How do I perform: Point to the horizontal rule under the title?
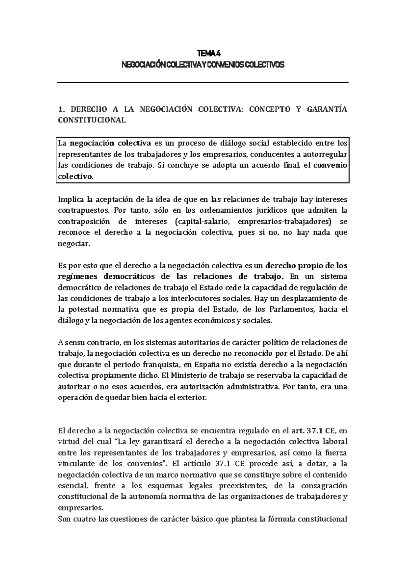[x=202, y=82]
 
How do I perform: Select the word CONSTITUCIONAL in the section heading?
[x=92, y=120]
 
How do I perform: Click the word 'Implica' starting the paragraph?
[x=70, y=199]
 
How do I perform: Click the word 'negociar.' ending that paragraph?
[x=74, y=244]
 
